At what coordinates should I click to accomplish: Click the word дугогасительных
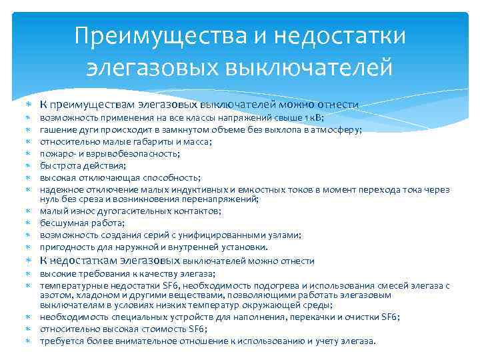137,211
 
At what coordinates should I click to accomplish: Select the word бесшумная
61,223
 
